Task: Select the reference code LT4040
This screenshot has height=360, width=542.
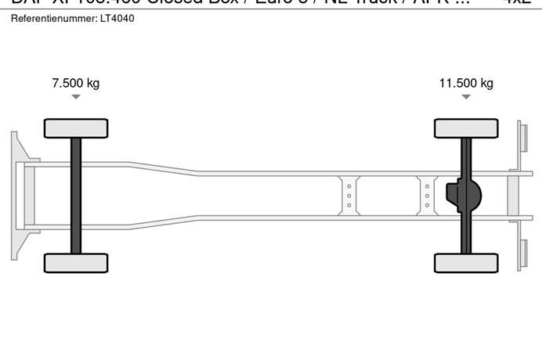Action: coord(117,17)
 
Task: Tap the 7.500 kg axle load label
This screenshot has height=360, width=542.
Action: coord(75,83)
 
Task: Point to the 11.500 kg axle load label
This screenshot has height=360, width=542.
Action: coord(466,83)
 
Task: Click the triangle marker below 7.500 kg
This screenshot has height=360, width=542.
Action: coord(75,97)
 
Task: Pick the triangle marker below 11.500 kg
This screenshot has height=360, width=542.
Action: coord(466,97)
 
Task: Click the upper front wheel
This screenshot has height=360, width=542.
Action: coord(76,128)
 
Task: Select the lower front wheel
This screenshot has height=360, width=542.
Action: coord(76,263)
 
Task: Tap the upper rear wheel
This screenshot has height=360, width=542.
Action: coord(466,128)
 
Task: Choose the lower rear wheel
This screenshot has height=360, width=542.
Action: coord(466,263)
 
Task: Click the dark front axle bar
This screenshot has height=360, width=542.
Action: coord(76,196)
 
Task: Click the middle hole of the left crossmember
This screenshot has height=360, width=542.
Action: coord(349,195)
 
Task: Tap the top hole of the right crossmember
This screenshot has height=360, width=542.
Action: coord(428,185)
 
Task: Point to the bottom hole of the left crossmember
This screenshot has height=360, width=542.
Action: coord(349,205)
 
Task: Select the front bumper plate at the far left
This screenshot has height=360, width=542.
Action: coord(16,195)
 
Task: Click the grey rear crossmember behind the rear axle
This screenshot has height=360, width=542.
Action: coord(513,195)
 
